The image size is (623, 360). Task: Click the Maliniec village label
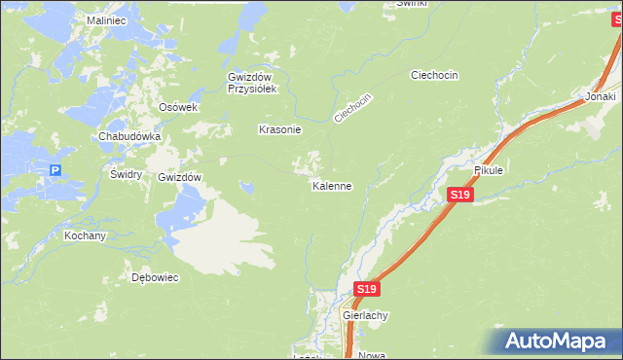point(107,19)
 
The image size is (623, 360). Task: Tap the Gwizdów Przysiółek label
point(253,83)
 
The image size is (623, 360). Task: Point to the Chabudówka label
point(128,137)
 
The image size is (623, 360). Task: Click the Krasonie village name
point(279,129)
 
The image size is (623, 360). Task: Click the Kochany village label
point(85,236)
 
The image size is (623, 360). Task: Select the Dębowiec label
point(155,277)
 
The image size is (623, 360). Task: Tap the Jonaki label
point(600,97)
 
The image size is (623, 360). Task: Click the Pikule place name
point(488,170)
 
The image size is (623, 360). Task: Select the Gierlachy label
point(365,316)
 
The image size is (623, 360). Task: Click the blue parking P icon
point(55,171)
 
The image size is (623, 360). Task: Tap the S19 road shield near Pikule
point(460,196)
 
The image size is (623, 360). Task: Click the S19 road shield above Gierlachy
point(365,290)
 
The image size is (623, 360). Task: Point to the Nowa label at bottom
point(372,355)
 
